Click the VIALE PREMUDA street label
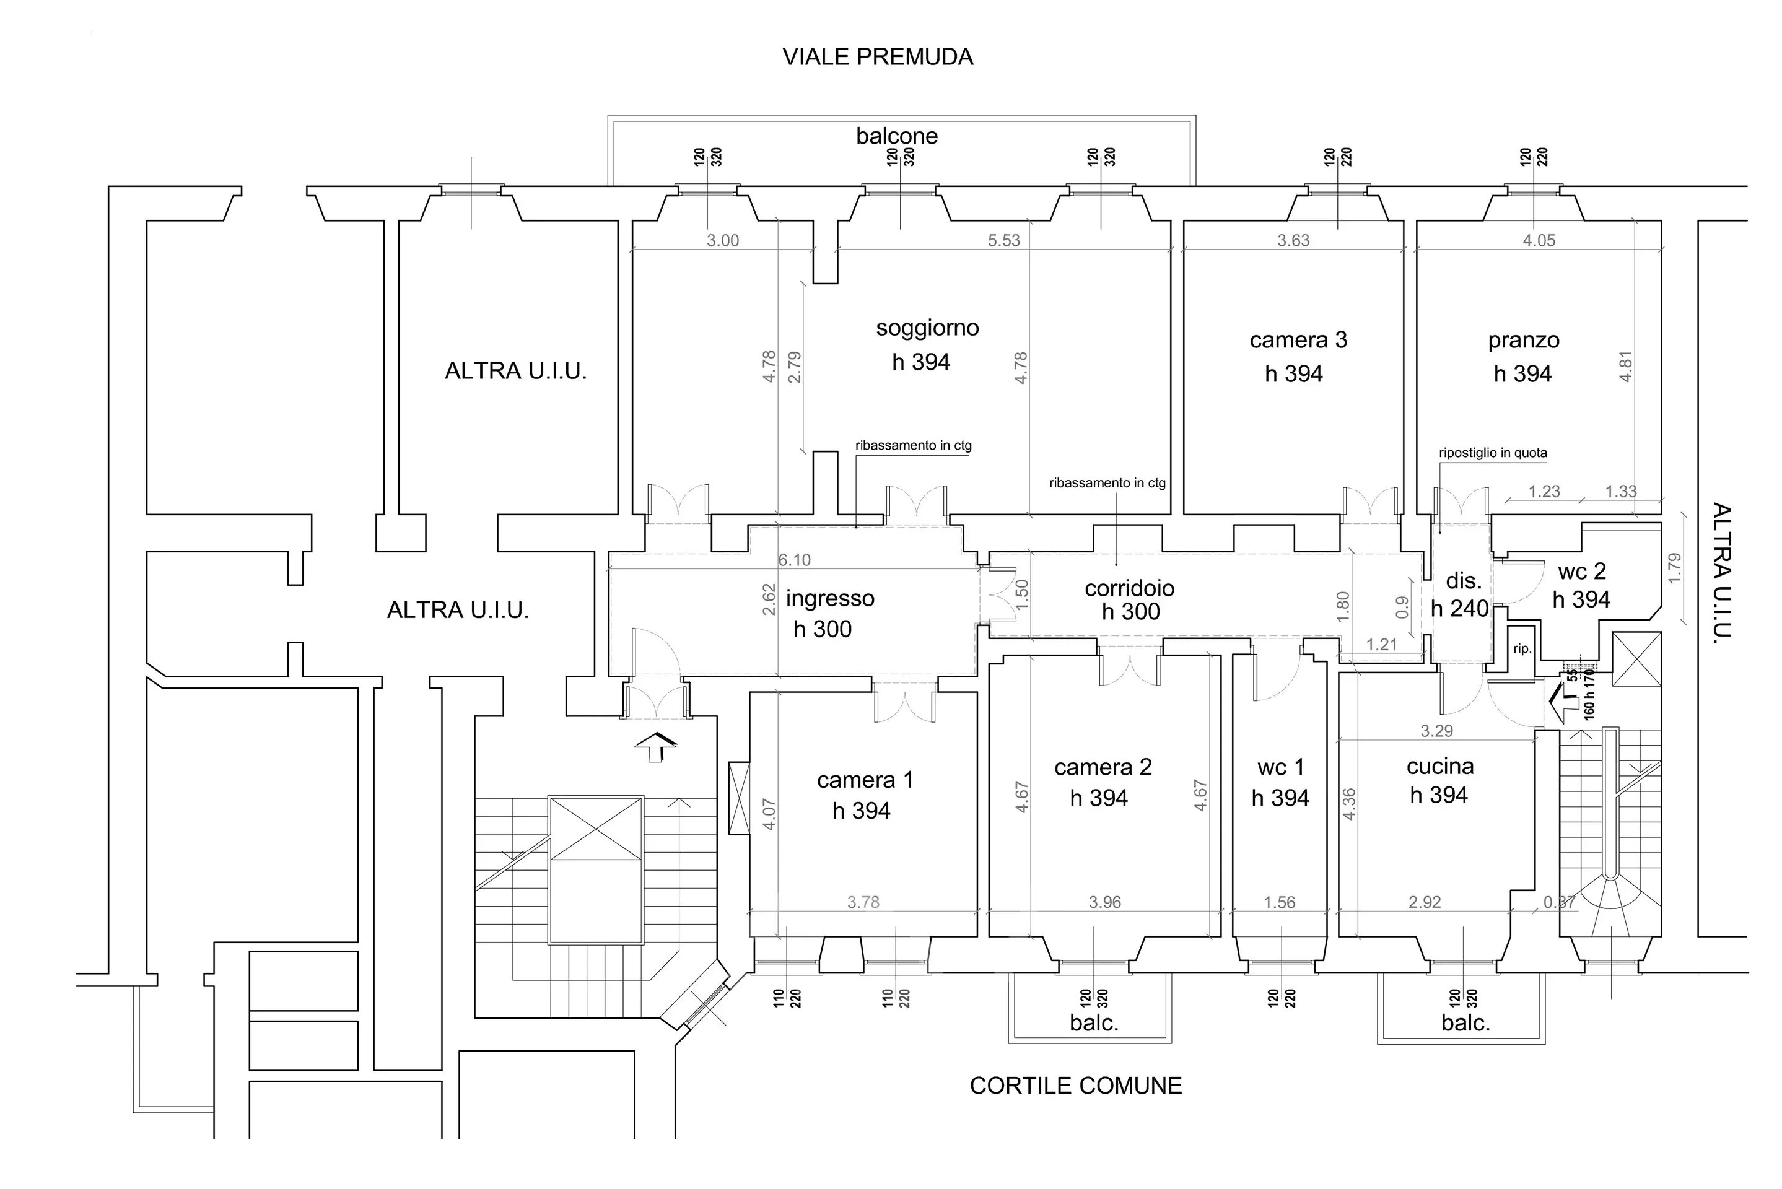pos(877,57)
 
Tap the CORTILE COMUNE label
pos(1075,1085)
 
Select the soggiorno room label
pos(927,328)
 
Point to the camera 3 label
pos(1298,340)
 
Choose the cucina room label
pos(1440,766)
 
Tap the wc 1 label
pos(1281,767)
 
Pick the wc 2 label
pos(1582,571)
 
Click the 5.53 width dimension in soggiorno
pos(1003,240)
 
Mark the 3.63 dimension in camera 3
pos(1293,240)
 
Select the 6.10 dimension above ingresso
pos(794,560)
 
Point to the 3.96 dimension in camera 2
pos(1104,902)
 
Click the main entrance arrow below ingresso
pos(656,746)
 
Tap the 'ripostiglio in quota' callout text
pos(1492,453)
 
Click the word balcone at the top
pos(896,136)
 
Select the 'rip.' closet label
pos(1522,649)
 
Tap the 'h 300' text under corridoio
pos(1130,612)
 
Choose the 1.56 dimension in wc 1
pos(1279,902)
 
